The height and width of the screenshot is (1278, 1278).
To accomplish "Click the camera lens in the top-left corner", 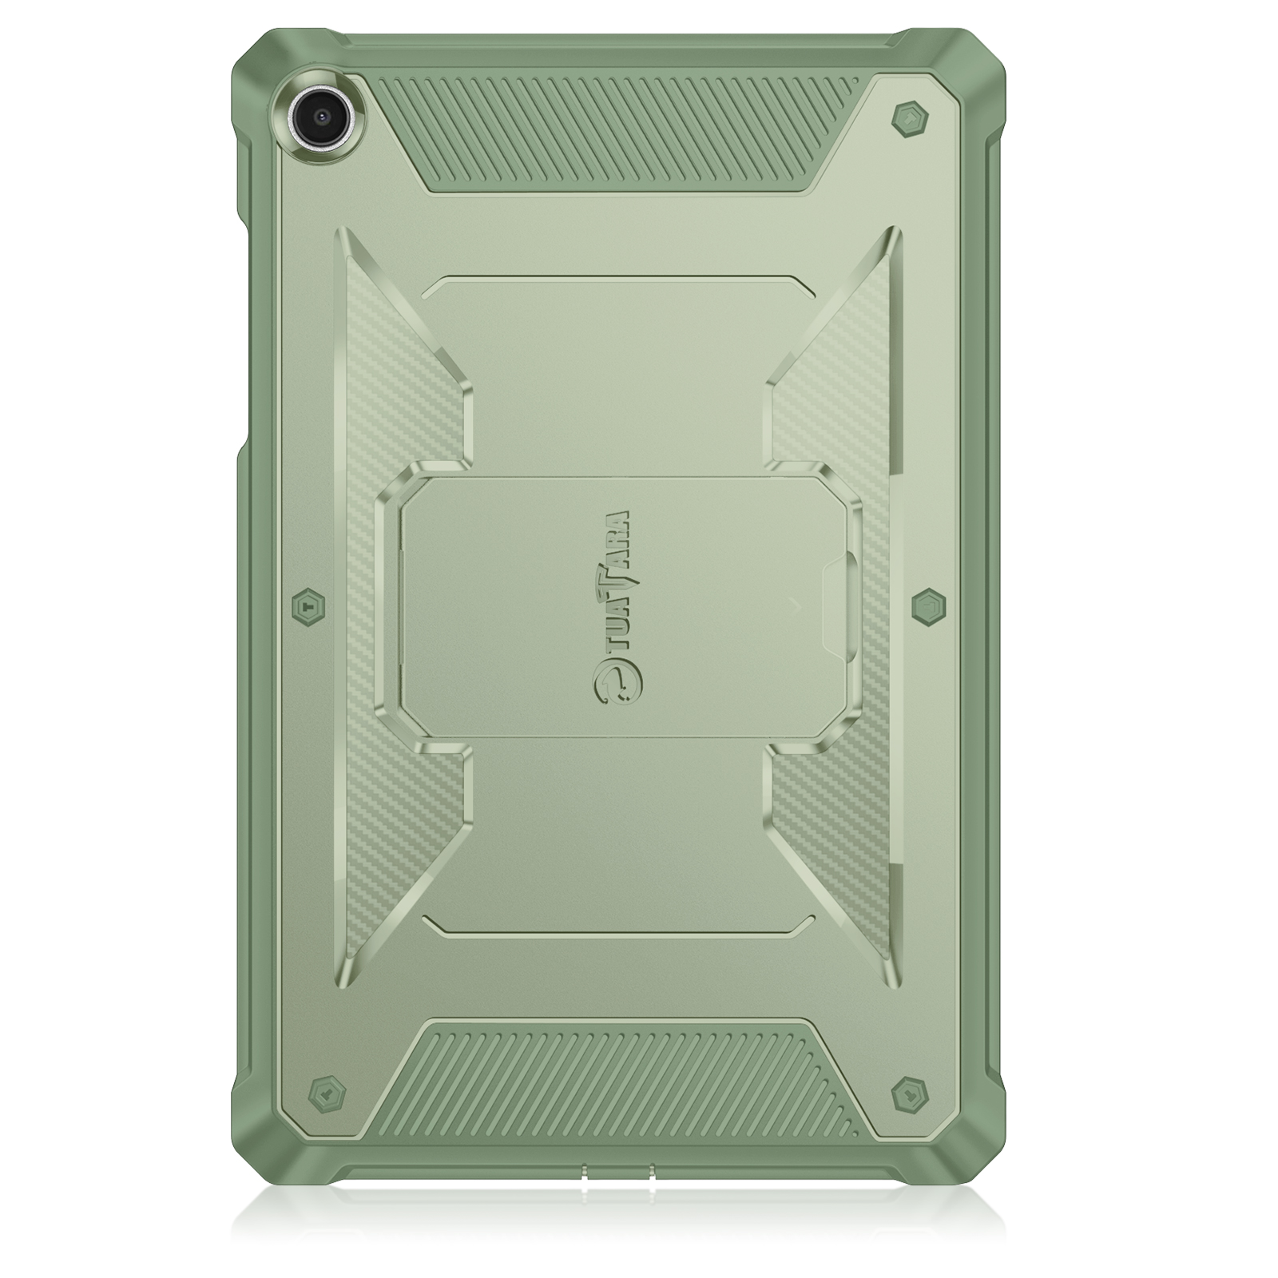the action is pyautogui.click(x=323, y=113).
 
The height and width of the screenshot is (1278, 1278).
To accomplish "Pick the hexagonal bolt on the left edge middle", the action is pyautogui.click(x=308, y=607).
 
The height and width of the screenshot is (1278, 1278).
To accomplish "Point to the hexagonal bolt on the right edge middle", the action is pyautogui.click(x=928, y=607).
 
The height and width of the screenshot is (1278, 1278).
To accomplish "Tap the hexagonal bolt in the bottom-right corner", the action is pyautogui.click(x=910, y=1092).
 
